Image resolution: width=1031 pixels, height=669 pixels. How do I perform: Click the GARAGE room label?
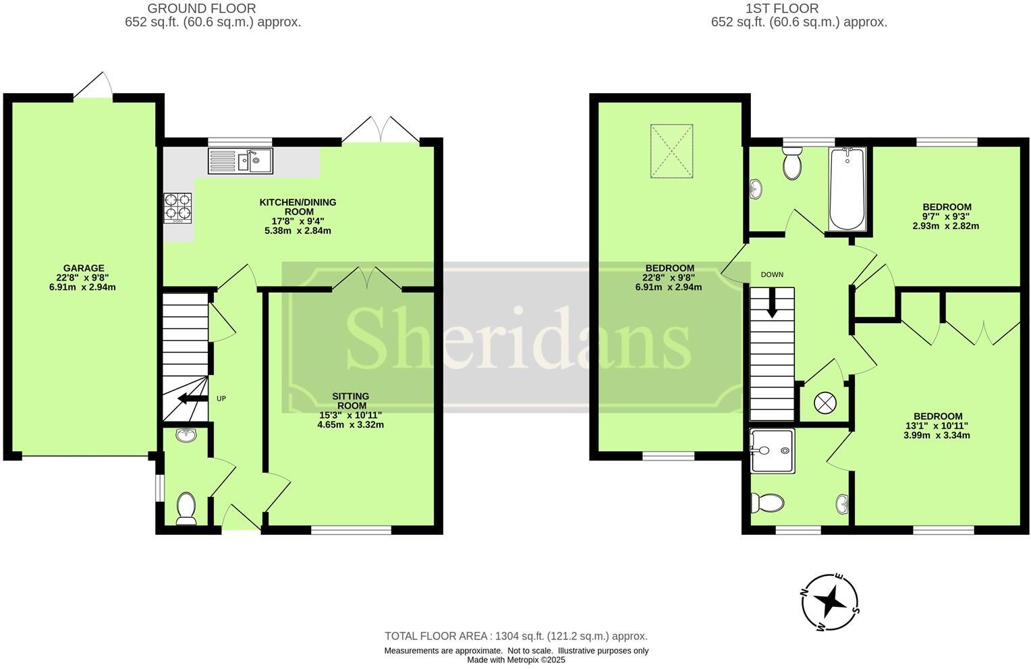pyautogui.click(x=84, y=268)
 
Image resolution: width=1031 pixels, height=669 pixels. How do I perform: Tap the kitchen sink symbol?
pyautogui.click(x=240, y=161)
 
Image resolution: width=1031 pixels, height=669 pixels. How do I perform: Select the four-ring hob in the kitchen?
pyautogui.click(x=178, y=208)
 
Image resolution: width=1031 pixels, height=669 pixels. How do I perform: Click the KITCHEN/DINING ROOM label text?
pyautogui.click(x=298, y=206)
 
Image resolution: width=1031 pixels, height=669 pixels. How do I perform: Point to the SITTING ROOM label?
pyautogui.click(x=350, y=401)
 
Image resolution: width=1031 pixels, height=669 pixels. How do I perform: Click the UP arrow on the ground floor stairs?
pyautogui.click(x=192, y=399)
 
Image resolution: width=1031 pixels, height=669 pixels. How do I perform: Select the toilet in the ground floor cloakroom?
pyautogui.click(x=185, y=508)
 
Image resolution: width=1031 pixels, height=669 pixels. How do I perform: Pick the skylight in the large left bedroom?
pyautogui.click(x=671, y=151)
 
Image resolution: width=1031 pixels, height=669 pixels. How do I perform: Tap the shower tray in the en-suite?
pyautogui.click(x=772, y=450)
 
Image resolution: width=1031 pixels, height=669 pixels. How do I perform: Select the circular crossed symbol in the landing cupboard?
pyautogui.click(x=825, y=403)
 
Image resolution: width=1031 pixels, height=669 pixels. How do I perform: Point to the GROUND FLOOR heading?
pyautogui.click(x=201, y=9)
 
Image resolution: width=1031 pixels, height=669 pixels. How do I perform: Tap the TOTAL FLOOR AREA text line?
pyautogui.click(x=515, y=636)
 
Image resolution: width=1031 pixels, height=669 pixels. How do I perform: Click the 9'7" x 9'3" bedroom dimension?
pyautogui.click(x=945, y=216)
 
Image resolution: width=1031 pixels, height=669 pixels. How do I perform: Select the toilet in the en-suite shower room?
pyautogui.click(x=768, y=502)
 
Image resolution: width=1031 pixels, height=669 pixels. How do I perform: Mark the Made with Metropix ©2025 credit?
pyautogui.click(x=515, y=660)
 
